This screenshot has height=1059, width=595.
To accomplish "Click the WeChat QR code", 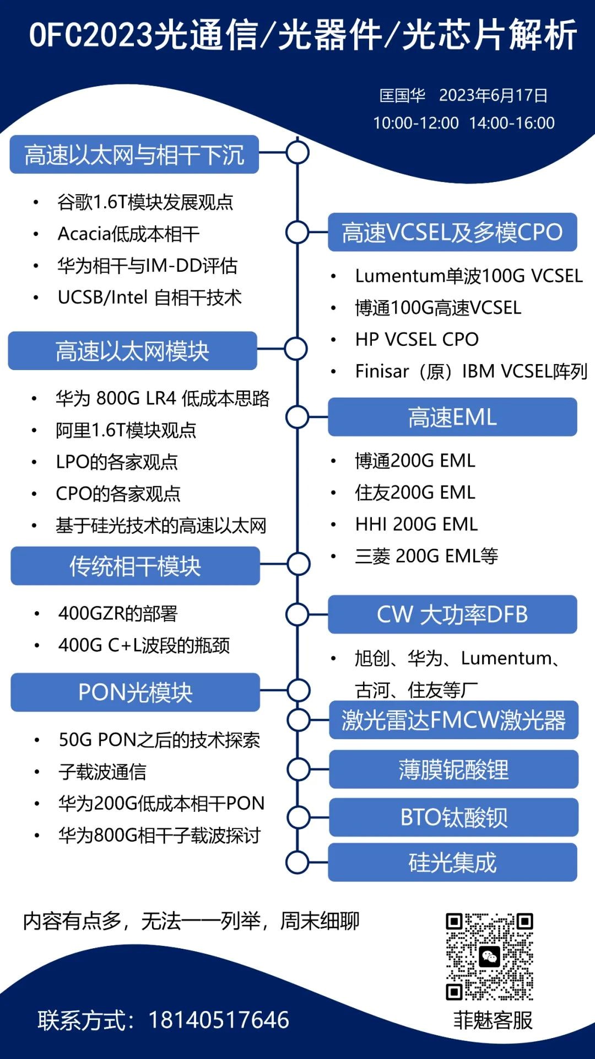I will coord(489,956).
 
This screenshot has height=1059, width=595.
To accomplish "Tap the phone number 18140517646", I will coord(218,1020).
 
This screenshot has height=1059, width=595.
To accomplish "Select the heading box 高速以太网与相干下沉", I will coord(134,154).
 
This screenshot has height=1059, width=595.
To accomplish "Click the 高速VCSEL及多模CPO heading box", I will coord(452,232).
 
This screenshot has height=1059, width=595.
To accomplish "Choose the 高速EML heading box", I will coord(452,417).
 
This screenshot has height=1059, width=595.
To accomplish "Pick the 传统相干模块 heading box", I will coord(135,566).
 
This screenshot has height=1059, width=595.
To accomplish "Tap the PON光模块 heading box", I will coord(135,692).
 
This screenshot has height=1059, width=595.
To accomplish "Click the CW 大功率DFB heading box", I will coord(452,614).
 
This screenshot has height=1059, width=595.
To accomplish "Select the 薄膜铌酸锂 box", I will coord(453,769).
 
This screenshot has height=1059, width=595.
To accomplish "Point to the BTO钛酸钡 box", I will coord(453,817).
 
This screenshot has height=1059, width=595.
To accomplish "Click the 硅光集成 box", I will coord(452,862).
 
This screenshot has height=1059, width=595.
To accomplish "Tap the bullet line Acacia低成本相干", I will coord(128,234).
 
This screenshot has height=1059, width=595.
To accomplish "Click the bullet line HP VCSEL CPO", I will coord(416,339).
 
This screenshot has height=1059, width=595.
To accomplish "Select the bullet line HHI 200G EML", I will coord(416,524).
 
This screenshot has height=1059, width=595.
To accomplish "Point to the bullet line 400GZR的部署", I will coord(118,613).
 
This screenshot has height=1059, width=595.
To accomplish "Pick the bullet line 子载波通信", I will coord(102,772).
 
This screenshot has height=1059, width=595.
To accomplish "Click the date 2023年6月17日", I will coord(493,95).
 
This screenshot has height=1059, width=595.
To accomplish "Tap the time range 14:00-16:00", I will coord(512,123).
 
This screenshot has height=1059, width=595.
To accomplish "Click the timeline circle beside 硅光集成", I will coord(297,862).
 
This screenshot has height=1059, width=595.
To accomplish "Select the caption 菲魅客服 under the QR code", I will coord(493,1020).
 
